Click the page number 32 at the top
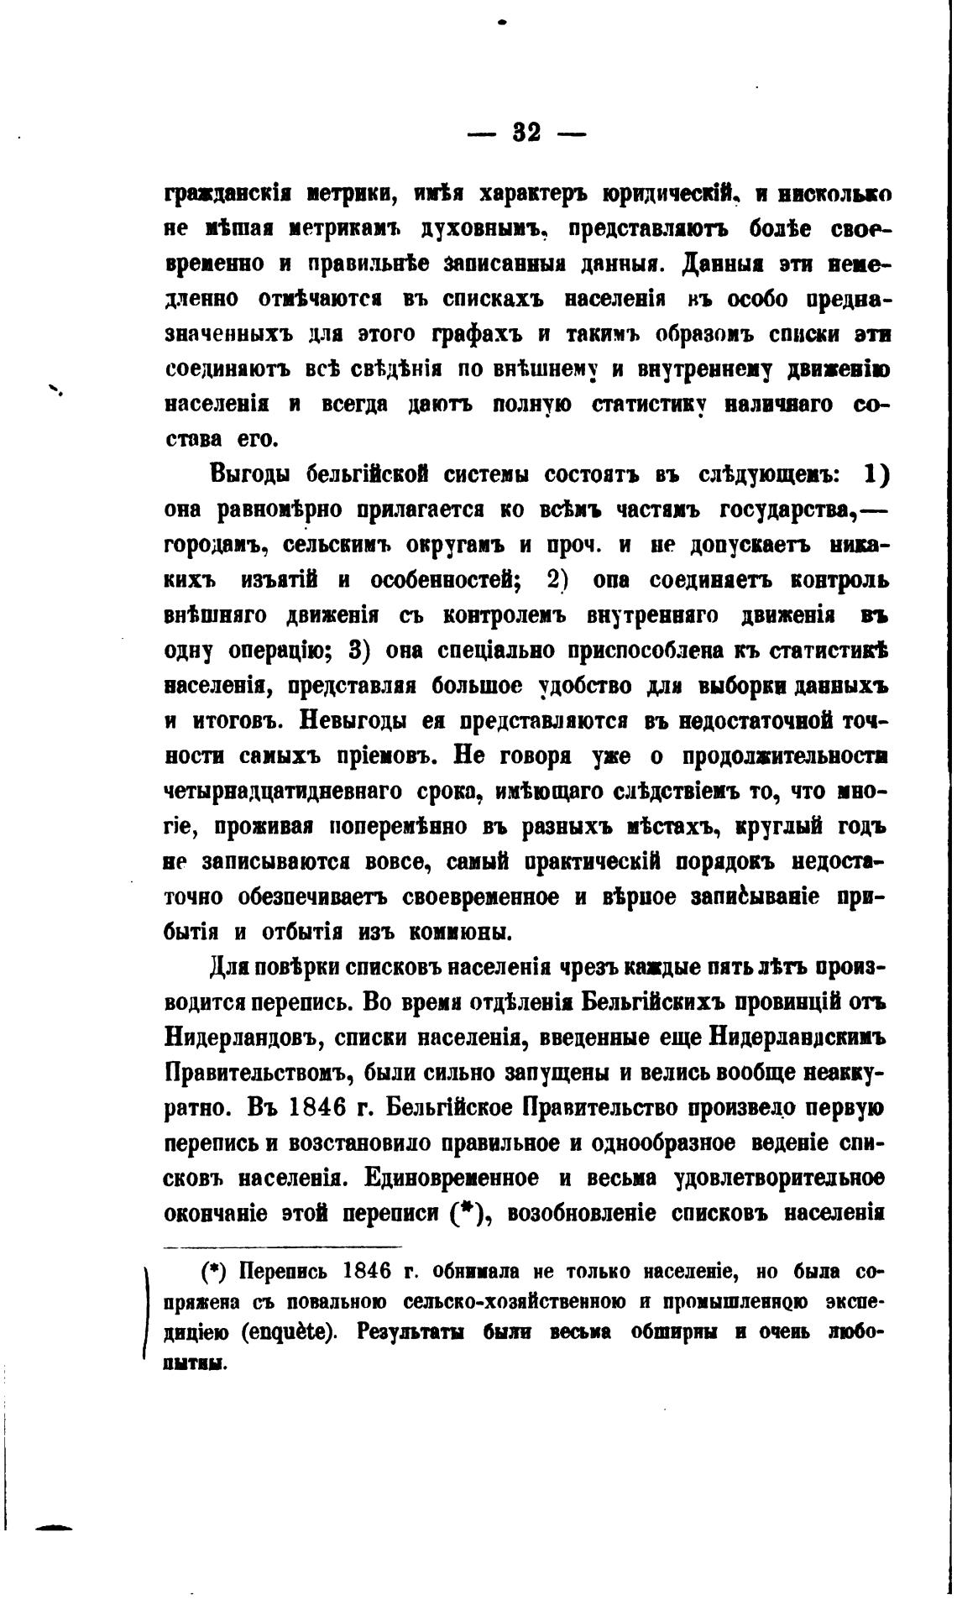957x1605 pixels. point(526,133)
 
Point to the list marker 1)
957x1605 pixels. point(876,474)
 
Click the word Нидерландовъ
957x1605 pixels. point(242,1038)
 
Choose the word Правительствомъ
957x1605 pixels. point(270,1073)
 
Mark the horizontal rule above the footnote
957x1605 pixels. point(283,1247)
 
